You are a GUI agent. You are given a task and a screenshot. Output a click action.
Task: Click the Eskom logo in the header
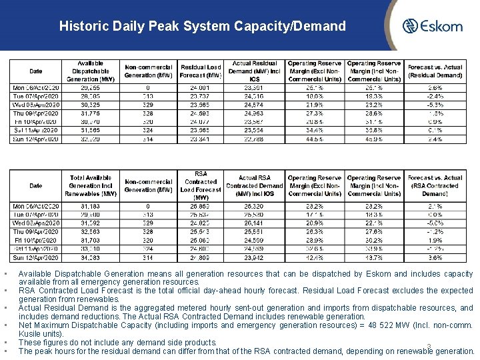click(432, 27)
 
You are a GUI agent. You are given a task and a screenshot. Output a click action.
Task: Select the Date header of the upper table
click(35, 71)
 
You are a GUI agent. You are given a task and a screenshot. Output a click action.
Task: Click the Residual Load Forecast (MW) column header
click(201, 71)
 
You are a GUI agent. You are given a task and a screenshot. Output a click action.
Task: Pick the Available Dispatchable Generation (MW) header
click(91, 71)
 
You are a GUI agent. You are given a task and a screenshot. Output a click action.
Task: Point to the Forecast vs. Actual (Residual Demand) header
click(435, 71)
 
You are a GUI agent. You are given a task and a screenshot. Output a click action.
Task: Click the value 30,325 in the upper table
click(91, 105)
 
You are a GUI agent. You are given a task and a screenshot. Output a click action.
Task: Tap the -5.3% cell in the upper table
click(435, 105)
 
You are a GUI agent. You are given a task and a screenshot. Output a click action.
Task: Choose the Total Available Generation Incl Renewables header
click(91, 185)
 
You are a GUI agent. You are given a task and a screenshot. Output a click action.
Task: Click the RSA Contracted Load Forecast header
click(201, 185)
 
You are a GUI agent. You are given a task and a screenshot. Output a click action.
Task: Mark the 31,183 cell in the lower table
click(91, 207)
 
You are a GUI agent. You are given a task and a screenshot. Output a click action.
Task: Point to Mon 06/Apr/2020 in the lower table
click(35, 207)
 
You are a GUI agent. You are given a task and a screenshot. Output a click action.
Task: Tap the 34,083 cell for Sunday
click(91, 257)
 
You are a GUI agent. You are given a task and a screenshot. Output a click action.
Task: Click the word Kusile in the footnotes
click(29, 334)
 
